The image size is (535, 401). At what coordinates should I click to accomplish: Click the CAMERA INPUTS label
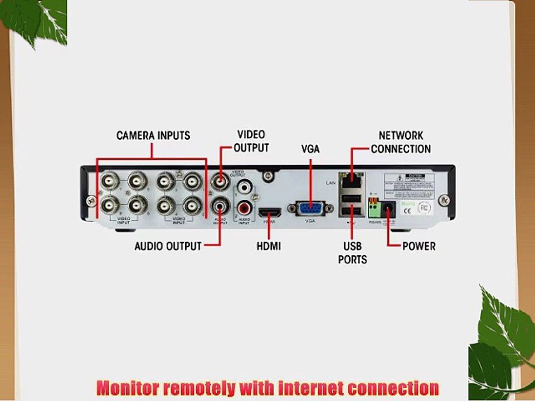[x=153, y=135]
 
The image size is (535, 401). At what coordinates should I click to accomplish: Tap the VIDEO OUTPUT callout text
[x=251, y=141]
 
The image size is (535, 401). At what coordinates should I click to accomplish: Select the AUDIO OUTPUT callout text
[x=168, y=246]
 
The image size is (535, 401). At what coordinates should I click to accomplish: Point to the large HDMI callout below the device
[x=269, y=246]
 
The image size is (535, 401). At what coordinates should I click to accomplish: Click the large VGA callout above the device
[x=310, y=149]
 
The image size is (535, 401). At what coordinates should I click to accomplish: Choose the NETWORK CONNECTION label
[x=401, y=142]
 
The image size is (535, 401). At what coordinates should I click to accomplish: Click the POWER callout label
[x=419, y=246]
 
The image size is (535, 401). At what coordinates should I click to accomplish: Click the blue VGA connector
[x=310, y=208]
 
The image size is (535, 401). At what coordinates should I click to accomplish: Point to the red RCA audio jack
[x=244, y=208]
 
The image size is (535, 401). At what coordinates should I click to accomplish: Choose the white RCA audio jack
[x=244, y=186]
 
